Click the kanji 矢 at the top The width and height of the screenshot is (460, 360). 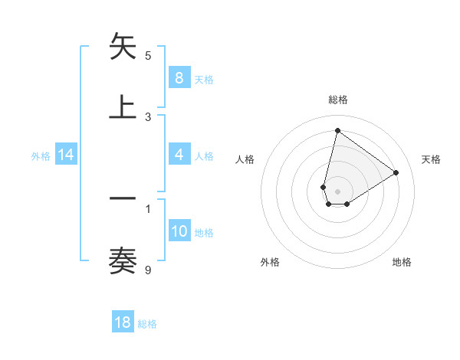pos(123,47)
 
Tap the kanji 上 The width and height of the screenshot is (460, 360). pos(123,108)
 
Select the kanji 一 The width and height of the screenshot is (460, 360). pos(123,199)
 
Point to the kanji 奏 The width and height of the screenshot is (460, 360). pos(123,260)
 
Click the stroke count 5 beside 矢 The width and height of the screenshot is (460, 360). pos(148,56)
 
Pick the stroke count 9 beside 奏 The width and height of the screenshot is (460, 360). pos(148,270)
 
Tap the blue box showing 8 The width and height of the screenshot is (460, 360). pos(179,78)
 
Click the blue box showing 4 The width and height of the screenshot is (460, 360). pos(179,155)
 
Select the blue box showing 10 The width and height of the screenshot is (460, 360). pos(179,231)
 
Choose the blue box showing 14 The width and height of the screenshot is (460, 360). pos(66,155)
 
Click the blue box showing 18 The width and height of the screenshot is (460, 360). pos(123,322)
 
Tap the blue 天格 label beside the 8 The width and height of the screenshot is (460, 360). pos(204,79)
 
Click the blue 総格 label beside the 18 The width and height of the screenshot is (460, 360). pos(147,324)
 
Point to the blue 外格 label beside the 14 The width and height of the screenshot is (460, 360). pos(41,155)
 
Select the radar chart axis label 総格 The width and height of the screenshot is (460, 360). pos(338,100)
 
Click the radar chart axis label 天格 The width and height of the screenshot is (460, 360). pos(431,159)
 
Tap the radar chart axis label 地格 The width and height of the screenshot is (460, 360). pos(402,262)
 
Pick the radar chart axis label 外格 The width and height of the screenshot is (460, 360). pos(270,262)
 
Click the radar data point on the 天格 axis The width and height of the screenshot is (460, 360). pos(396,172)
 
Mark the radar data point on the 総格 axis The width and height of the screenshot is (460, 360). pos(337,130)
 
